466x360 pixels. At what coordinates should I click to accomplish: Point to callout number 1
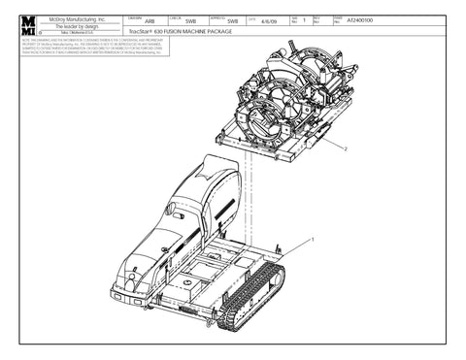(x=311, y=237)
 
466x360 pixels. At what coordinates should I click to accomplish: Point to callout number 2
(x=345, y=148)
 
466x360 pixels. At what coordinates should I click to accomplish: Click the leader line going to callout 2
(x=325, y=141)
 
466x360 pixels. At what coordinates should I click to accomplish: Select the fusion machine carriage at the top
(x=282, y=102)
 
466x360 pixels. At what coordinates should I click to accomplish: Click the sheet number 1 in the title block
(x=303, y=20)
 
